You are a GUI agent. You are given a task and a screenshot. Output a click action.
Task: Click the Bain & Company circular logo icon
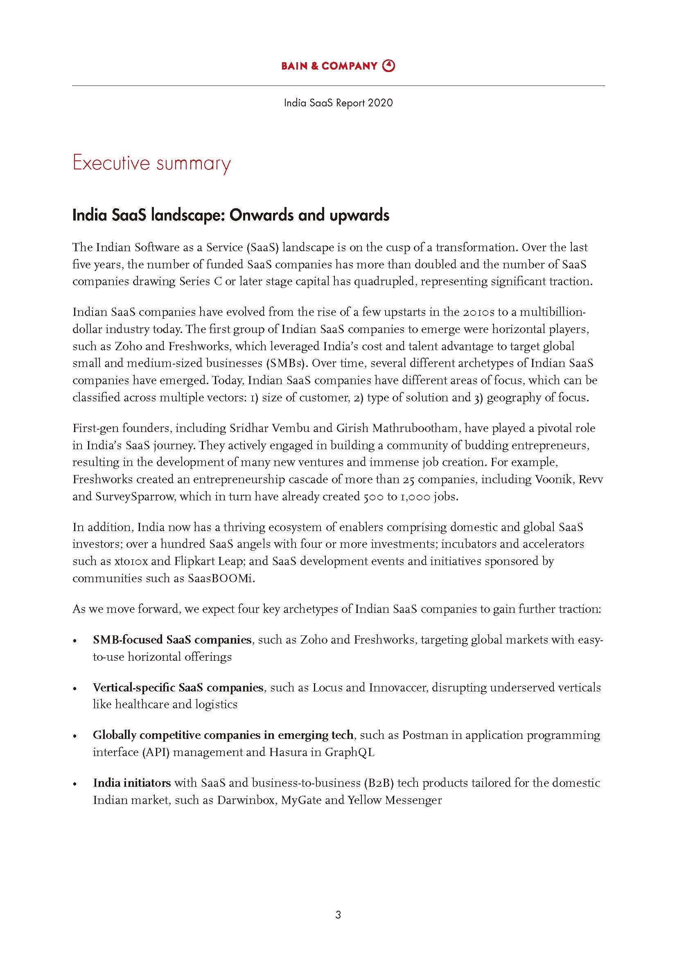[388, 65]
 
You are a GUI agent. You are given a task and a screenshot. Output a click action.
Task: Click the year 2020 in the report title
[380, 103]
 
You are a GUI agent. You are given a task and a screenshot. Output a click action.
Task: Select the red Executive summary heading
[151, 163]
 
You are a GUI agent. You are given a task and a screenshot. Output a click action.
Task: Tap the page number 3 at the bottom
[338, 915]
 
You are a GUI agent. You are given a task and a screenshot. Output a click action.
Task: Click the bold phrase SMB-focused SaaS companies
[172, 640]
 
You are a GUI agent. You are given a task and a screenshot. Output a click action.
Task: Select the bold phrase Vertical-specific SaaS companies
[178, 687]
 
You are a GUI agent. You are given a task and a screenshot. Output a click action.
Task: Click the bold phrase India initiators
[132, 783]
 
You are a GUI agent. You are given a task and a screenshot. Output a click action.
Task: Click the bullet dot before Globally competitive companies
[75, 736]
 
